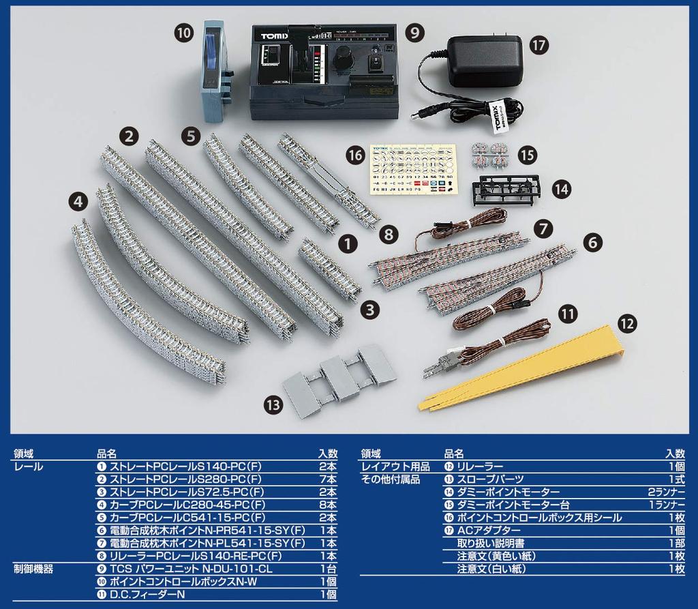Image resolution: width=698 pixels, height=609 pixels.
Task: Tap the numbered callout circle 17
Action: tap(538, 45)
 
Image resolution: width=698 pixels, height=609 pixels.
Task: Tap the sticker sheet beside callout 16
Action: tap(412, 169)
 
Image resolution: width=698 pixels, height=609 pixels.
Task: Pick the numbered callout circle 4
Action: tap(79, 201)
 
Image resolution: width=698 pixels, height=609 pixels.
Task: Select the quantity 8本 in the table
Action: tap(328, 505)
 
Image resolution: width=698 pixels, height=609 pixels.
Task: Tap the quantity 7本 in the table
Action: tap(328, 479)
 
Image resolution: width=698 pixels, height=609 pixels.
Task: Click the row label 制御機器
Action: tap(33, 568)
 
